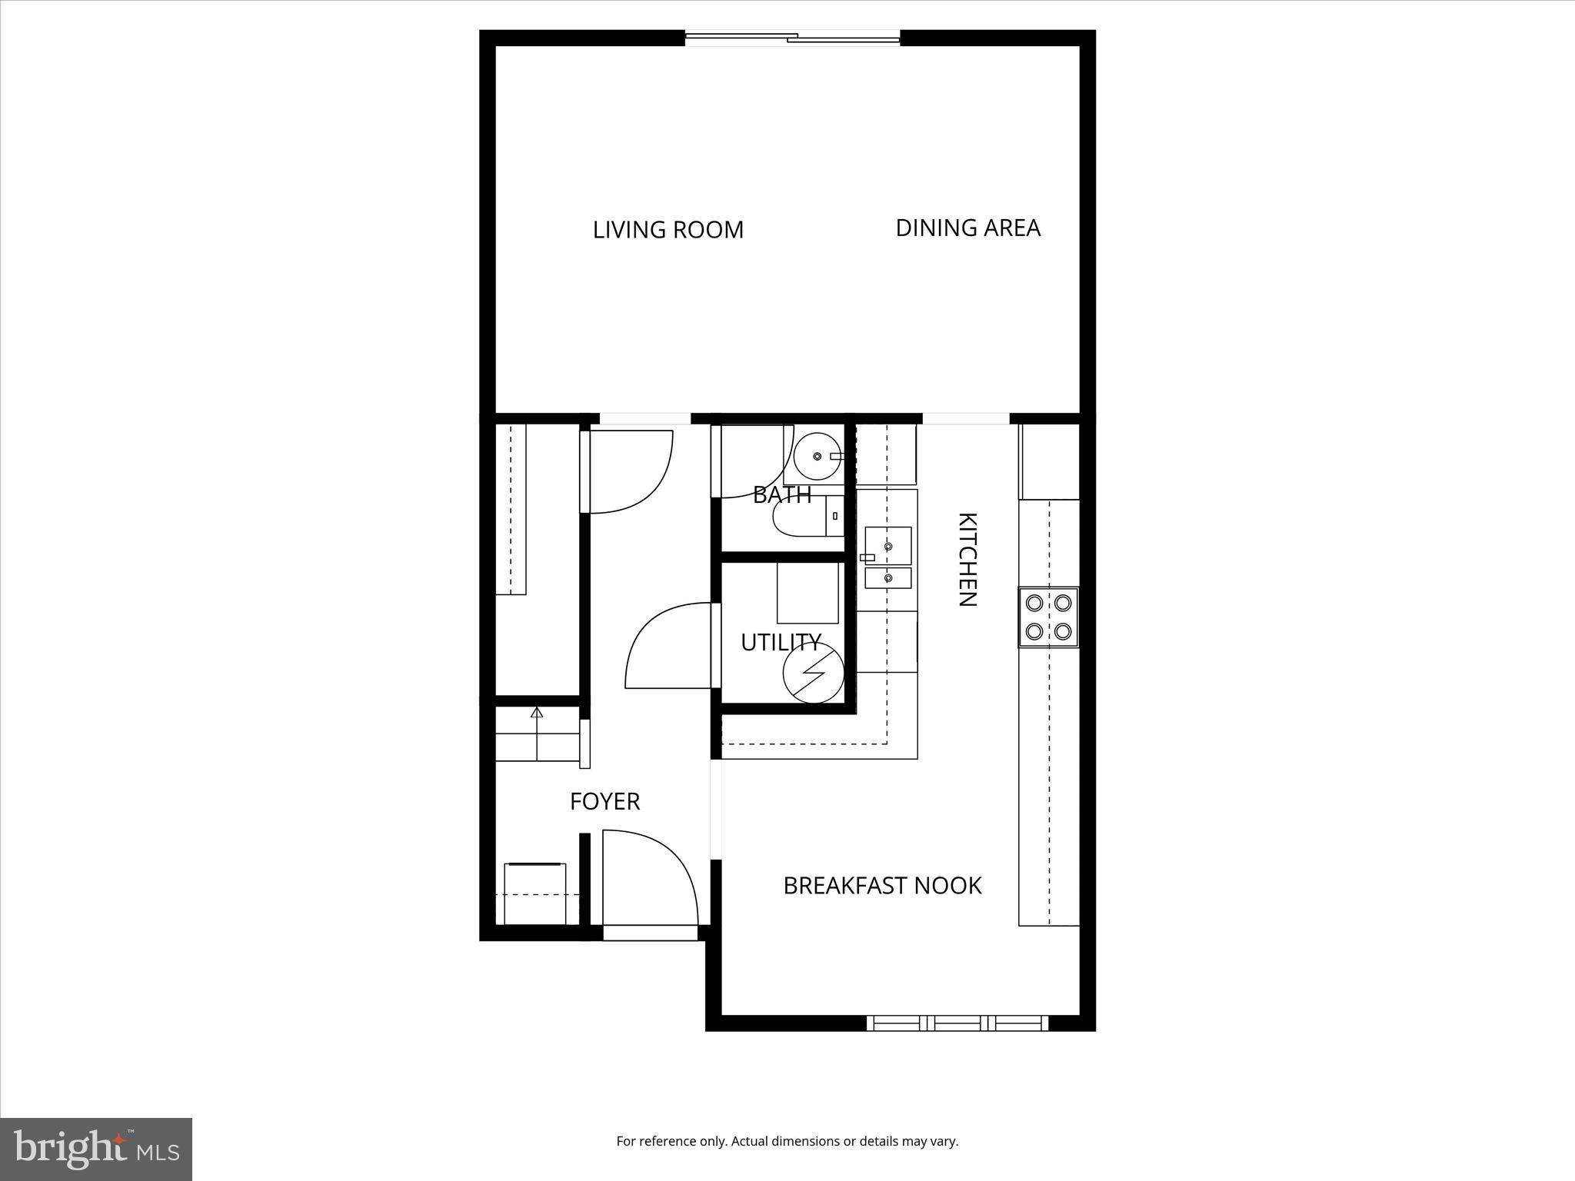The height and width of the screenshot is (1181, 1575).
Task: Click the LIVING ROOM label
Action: (668, 230)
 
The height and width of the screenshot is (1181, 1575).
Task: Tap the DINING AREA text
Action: (967, 228)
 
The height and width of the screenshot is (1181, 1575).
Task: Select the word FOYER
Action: (604, 801)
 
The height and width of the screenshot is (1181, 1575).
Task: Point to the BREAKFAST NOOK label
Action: (882, 886)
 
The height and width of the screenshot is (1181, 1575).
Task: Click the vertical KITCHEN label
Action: (967, 559)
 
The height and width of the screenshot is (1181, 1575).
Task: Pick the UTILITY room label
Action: (781, 642)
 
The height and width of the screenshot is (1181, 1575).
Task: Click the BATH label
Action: (781, 494)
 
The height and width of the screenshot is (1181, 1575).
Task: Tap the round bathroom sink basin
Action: (817, 457)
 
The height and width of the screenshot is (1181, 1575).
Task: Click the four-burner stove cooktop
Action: (1048, 617)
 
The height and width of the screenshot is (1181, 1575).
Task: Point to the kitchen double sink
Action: (887, 557)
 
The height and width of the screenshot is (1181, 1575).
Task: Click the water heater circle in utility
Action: (813, 673)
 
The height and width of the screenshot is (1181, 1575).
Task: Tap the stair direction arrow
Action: (537, 713)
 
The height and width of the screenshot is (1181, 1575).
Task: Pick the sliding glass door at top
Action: (792, 36)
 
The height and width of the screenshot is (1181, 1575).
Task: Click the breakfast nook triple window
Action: (957, 1023)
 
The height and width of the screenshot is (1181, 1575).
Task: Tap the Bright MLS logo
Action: (95, 1149)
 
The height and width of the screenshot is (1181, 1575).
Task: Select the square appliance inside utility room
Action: (807, 592)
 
